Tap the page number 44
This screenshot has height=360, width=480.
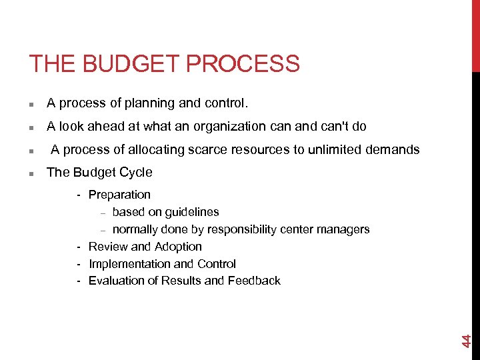[x=467, y=340]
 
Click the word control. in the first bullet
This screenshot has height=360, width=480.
[x=227, y=103]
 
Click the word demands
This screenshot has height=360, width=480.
[x=393, y=149]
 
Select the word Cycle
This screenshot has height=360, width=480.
[x=135, y=172]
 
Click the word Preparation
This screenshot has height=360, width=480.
[x=119, y=195]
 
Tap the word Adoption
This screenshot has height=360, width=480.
[x=178, y=247]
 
